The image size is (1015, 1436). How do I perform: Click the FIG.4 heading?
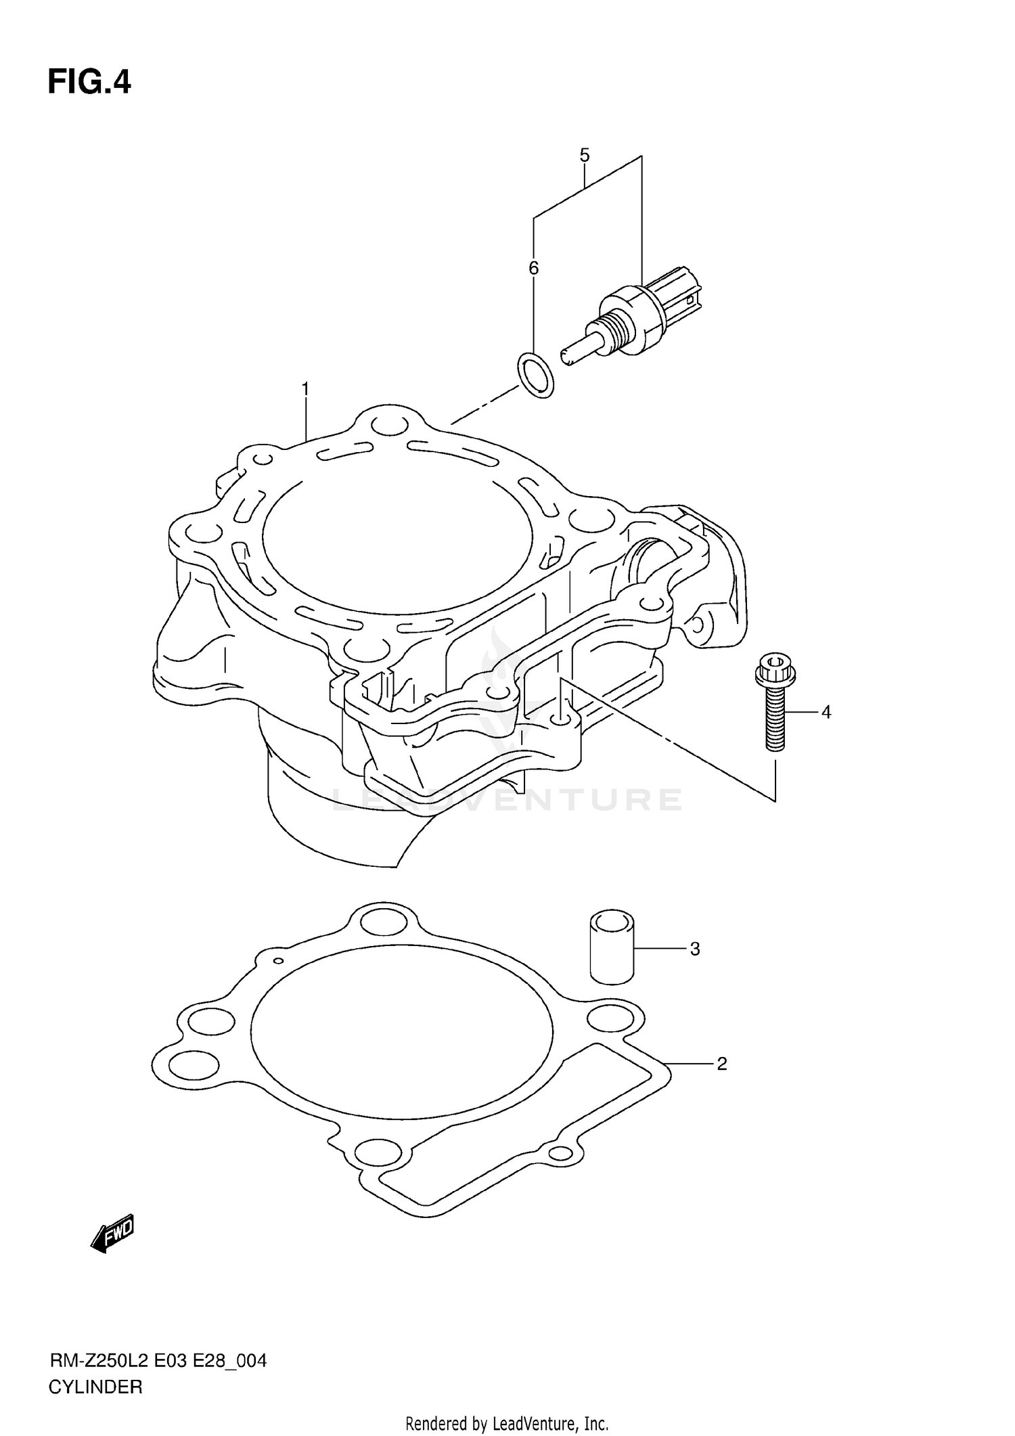(89, 83)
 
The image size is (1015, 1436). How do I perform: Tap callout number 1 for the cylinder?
(305, 389)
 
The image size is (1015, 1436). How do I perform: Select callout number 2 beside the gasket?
(721, 1064)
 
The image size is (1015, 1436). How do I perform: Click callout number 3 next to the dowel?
(694, 949)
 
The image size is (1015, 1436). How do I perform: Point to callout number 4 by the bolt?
(826, 712)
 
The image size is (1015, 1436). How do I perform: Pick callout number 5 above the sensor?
(585, 155)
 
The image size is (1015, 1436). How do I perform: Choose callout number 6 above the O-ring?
(533, 268)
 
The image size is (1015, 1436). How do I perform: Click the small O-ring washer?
(535, 374)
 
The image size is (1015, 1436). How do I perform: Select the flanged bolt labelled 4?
(775, 711)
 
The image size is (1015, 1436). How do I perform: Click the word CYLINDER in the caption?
(95, 1387)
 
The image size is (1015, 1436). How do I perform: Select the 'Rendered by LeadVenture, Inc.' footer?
(507, 1424)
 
